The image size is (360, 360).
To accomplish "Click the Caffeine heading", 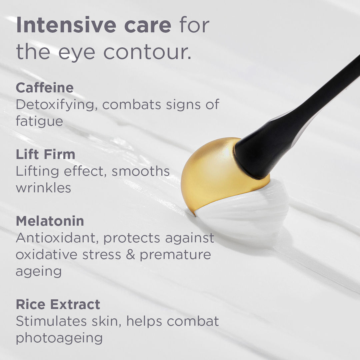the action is (45, 88).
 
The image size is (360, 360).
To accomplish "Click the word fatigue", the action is (39, 122).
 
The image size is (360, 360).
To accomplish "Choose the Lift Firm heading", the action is (45, 154).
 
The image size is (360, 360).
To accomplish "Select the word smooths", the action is (141, 171).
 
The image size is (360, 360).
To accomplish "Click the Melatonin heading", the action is (50, 221).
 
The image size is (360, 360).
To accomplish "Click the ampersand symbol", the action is (130, 255).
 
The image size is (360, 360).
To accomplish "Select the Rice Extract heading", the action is (58, 304).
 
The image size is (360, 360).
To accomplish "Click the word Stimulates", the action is (51, 321).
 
